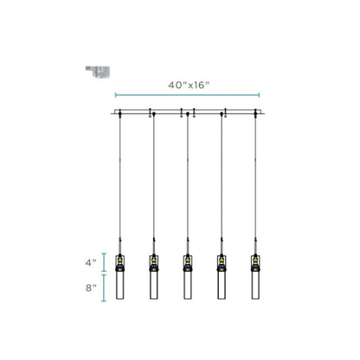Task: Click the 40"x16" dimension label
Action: [189, 85]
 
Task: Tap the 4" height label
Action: [91, 263]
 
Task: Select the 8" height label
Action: [91, 287]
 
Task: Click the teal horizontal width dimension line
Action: [187, 95]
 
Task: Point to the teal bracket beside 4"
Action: [104, 262]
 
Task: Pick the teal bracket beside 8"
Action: [104, 288]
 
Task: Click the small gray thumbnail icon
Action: [98, 72]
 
